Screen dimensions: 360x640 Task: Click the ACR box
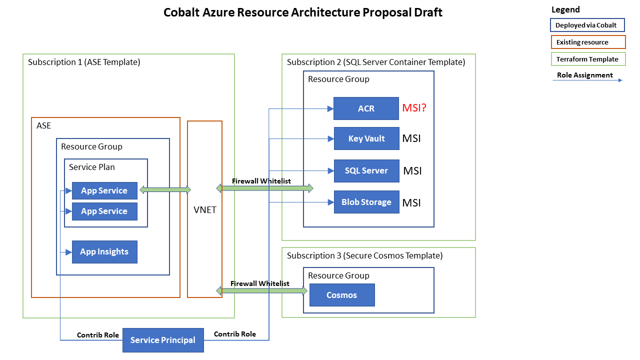click(x=366, y=108)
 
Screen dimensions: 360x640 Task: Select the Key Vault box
click(x=366, y=138)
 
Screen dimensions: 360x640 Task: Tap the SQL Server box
click(x=366, y=170)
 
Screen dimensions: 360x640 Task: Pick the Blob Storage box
click(x=366, y=202)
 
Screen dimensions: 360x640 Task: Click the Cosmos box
click(x=342, y=295)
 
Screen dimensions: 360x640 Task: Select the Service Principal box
click(x=163, y=340)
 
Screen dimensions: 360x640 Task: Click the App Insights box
click(x=104, y=251)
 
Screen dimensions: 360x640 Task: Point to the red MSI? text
click(x=414, y=107)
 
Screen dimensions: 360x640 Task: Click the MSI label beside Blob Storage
click(x=411, y=202)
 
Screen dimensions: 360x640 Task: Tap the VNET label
click(x=205, y=209)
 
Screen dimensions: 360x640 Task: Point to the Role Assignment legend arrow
click(x=587, y=80)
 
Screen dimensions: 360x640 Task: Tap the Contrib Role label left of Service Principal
click(x=98, y=334)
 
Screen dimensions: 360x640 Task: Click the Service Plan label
click(x=92, y=167)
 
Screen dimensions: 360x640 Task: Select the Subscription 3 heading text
click(x=364, y=255)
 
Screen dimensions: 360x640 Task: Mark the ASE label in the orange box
click(x=44, y=125)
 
